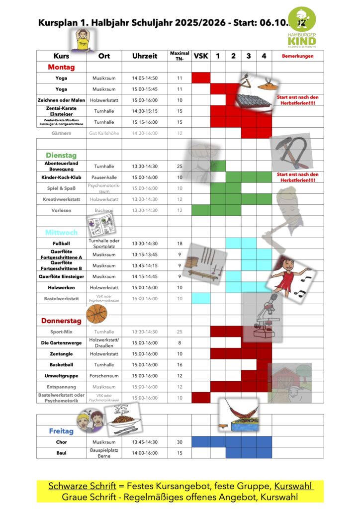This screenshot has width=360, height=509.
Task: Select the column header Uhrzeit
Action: tap(145, 56)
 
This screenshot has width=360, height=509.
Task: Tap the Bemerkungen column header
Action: tap(297, 56)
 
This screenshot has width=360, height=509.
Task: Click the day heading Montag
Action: tap(61, 67)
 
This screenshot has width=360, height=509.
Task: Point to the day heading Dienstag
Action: tap(61, 155)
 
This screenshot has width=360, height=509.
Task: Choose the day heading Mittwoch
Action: tap(61, 232)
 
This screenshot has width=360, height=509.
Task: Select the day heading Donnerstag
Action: tap(61, 321)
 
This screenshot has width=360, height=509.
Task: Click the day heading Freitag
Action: tap(61, 431)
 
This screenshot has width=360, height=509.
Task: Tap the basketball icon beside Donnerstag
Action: tap(96, 314)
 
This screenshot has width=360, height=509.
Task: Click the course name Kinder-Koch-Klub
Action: tap(61, 177)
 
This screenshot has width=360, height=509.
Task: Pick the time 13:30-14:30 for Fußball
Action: tap(145, 244)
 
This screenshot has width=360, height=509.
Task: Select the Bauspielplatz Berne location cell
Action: tap(104, 453)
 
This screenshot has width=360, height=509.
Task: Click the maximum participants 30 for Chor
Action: tap(180, 442)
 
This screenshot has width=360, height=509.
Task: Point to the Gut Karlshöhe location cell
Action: tap(104, 133)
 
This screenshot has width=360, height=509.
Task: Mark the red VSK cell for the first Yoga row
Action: tap(201, 78)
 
